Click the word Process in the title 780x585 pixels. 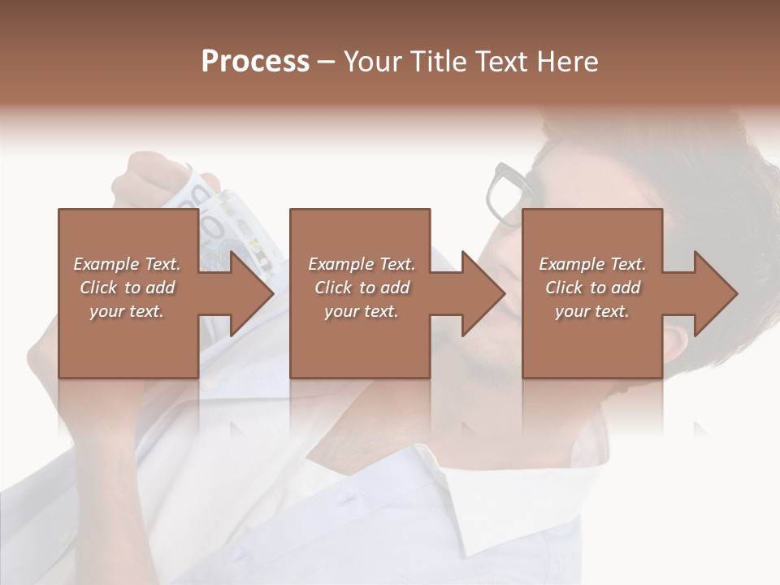[255, 62]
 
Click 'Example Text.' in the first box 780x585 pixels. [127, 264]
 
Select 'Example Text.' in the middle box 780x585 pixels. [362, 264]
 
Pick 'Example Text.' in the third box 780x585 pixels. [592, 264]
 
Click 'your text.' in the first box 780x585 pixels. [127, 311]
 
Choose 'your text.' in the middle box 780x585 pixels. [362, 311]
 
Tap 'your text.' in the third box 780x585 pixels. [592, 311]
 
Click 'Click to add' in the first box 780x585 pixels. [127, 288]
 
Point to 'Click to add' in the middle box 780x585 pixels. [362, 288]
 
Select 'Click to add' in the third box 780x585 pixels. [592, 288]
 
